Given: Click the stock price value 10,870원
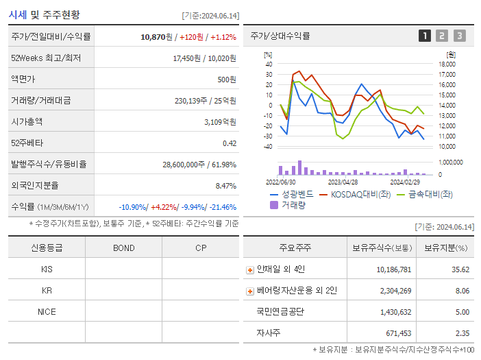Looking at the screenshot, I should (x=156, y=36).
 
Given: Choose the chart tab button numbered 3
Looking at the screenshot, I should (x=459, y=36).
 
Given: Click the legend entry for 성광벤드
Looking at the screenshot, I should (x=292, y=194).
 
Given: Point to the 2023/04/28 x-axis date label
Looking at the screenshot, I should (x=343, y=182).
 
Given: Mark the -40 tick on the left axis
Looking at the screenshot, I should (x=268, y=147).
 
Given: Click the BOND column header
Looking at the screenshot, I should (x=123, y=248).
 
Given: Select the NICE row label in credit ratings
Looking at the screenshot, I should (x=47, y=311).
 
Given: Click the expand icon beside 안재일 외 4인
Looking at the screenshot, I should (x=250, y=269).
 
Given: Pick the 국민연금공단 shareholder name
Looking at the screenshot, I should (x=280, y=311).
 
